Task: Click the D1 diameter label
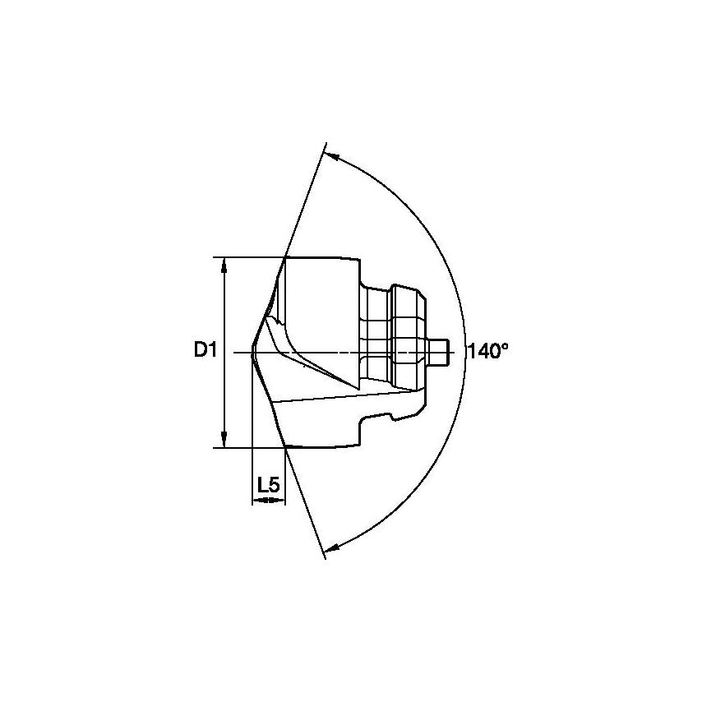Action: point(204,351)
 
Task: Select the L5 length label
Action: point(268,485)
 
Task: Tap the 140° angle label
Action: point(487,351)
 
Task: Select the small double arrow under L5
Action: point(268,499)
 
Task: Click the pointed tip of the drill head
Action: point(252,352)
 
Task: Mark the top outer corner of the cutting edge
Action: point(284,257)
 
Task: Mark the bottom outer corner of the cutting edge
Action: point(284,446)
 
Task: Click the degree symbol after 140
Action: point(505,346)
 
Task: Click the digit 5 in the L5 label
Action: point(274,485)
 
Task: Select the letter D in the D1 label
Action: point(200,351)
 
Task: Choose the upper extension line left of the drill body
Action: point(247,256)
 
